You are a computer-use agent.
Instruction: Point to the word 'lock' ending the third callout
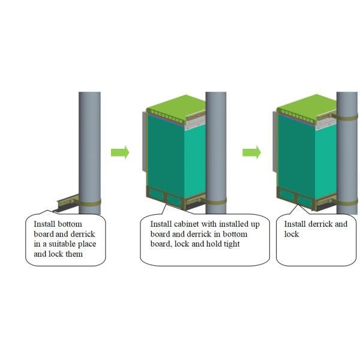coord(292,234)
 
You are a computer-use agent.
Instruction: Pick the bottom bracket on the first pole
coord(67,202)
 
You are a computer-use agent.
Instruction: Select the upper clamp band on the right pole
coord(347,114)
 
